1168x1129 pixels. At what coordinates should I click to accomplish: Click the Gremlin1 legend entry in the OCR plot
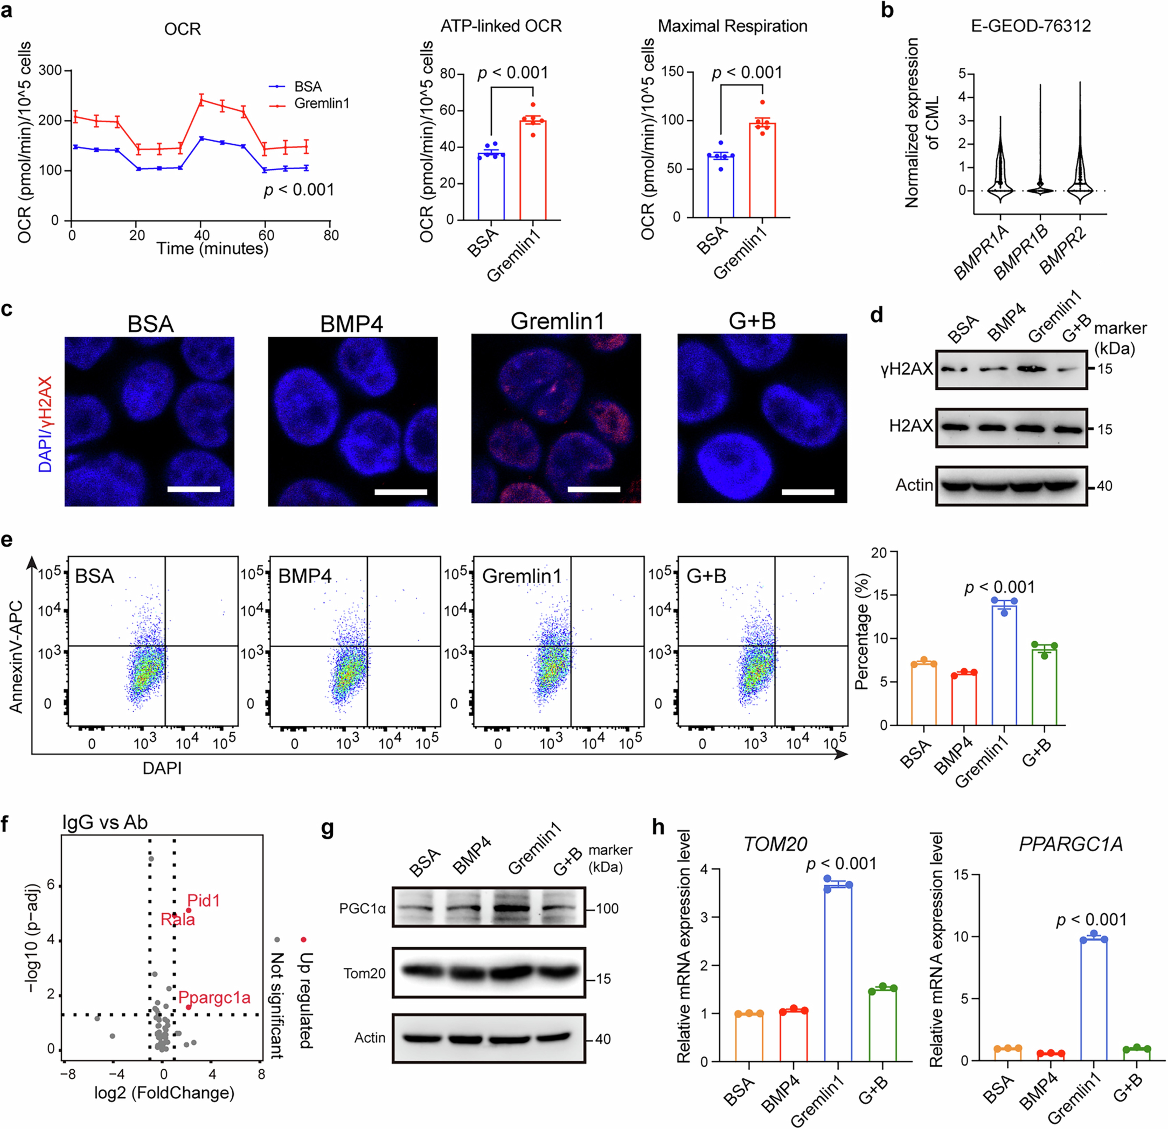pyautogui.click(x=321, y=104)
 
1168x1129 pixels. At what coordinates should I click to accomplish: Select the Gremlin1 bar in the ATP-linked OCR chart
pyautogui.click(x=533, y=170)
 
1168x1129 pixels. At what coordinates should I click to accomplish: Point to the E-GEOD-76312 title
pyautogui.click(x=1031, y=26)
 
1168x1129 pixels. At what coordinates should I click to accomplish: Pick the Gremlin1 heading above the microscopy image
pyautogui.click(x=557, y=322)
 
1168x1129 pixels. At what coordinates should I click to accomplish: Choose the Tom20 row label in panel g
pyautogui.click(x=364, y=974)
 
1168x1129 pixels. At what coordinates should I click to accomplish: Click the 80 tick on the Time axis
pyautogui.click(x=331, y=235)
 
